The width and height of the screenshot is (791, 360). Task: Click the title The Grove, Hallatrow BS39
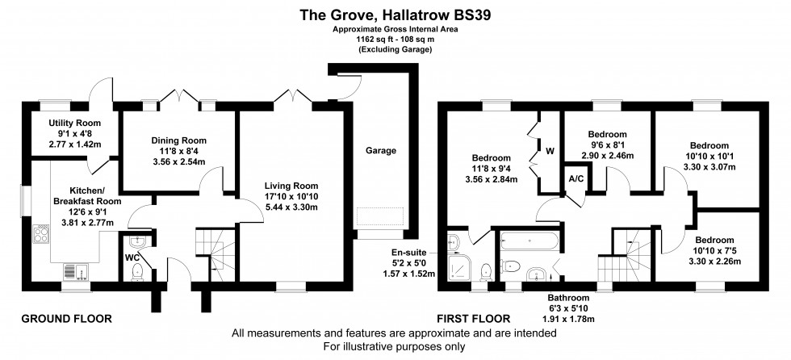[x=395, y=14]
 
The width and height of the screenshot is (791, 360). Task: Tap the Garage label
[x=381, y=150]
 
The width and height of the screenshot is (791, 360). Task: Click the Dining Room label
[x=175, y=140]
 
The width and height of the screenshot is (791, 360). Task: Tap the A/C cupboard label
[x=576, y=178]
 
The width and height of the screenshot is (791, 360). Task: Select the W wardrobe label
[x=549, y=150]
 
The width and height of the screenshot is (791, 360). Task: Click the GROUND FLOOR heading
[x=66, y=319]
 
